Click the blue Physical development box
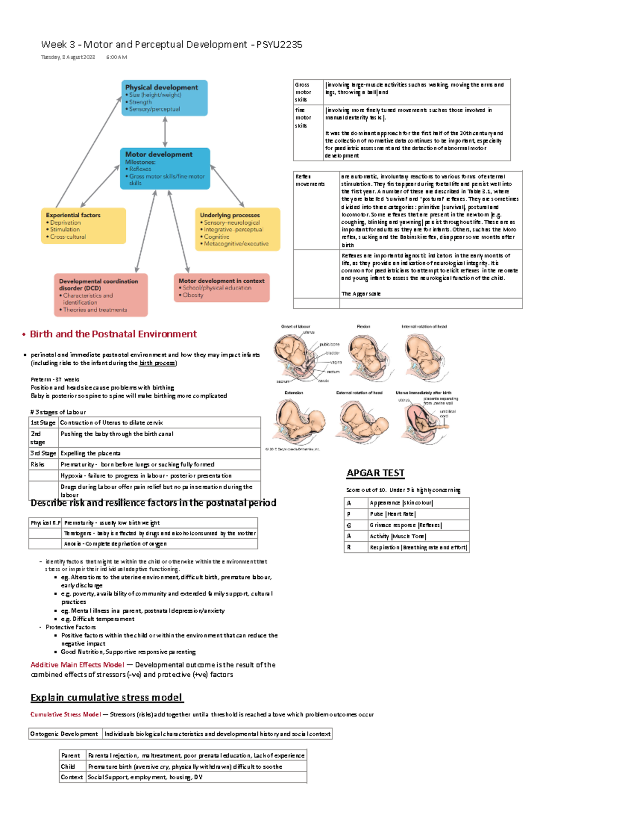click(x=164, y=98)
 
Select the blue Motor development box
click(x=164, y=168)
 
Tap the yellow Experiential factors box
click(x=83, y=226)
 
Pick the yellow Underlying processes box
click(x=237, y=229)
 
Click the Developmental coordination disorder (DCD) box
click(x=100, y=295)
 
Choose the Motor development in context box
click(x=221, y=288)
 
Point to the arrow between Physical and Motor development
click(x=165, y=132)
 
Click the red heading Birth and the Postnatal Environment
click(x=113, y=334)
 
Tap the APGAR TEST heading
click(x=375, y=473)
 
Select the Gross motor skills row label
click(x=303, y=92)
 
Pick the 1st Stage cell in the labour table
click(x=43, y=423)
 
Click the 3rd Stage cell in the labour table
click(x=43, y=454)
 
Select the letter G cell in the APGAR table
click(x=349, y=525)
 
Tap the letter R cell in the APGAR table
click(x=349, y=548)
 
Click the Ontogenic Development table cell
click(x=64, y=734)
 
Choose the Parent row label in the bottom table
click(x=71, y=755)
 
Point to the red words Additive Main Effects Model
click(x=77, y=665)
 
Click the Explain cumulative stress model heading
click(x=106, y=698)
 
